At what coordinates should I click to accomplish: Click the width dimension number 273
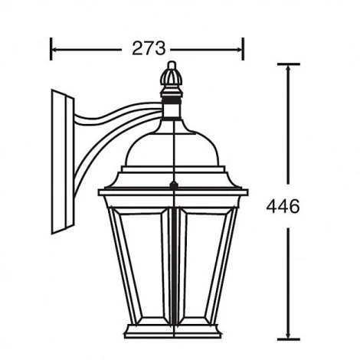coord(147,48)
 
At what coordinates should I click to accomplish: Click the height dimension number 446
coord(283,206)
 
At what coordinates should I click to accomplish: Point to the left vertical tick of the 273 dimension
coord(51,48)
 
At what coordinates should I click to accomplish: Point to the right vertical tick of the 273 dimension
coord(243,48)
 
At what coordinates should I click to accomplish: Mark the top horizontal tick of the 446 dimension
coord(287,64)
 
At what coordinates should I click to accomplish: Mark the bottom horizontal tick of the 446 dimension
coord(287,339)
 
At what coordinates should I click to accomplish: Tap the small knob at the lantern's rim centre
coord(174,185)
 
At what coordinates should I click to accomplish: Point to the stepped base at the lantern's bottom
coord(174,331)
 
